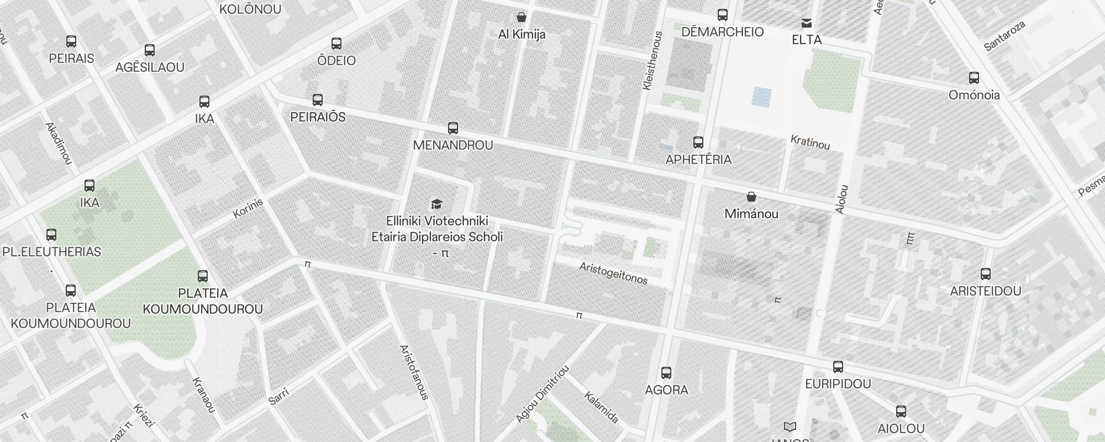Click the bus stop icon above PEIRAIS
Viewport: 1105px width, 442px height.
71,41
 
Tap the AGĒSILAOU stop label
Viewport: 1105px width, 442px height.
150,67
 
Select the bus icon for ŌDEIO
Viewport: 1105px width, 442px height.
336,44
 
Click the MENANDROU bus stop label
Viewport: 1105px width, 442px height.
453,145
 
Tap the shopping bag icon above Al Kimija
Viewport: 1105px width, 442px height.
521,17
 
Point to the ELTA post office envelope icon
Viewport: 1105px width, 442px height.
807,23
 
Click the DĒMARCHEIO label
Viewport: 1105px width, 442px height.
722,32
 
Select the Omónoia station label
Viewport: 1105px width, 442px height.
974,95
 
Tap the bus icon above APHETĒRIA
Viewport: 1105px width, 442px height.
698,143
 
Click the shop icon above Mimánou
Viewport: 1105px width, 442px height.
751,197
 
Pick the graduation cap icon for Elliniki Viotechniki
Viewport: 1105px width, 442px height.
436,204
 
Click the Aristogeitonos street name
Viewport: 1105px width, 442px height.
613,273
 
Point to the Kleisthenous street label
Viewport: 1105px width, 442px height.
653,61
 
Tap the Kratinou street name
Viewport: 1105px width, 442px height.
810,142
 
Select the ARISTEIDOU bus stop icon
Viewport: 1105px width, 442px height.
986,273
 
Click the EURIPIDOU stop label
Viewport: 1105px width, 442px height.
838,384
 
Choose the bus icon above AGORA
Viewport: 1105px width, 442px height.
666,373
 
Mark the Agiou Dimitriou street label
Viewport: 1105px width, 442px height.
542,394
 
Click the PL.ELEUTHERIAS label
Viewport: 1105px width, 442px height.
52,252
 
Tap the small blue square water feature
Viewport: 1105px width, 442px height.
761,97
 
